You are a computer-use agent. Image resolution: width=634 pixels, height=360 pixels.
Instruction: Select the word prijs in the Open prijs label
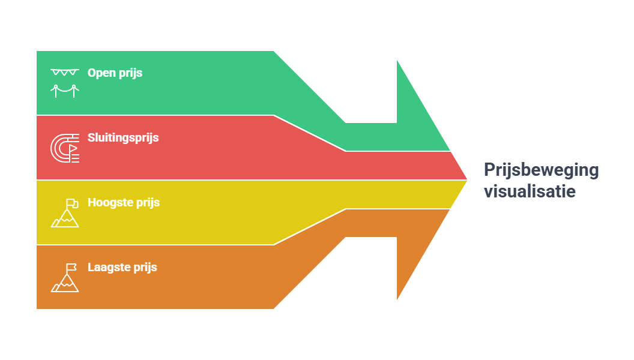click(130, 73)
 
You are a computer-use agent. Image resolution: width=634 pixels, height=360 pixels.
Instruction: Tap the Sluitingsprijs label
click(123, 138)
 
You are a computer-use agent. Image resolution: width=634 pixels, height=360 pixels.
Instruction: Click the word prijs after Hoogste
click(148, 203)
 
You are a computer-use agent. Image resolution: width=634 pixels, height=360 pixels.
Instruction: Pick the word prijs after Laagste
click(145, 268)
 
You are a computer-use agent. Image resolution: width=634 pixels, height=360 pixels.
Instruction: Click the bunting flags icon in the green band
click(65, 73)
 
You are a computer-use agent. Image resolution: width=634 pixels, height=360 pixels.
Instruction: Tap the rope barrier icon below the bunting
click(65, 91)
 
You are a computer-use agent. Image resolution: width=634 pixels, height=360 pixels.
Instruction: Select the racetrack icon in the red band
click(65, 148)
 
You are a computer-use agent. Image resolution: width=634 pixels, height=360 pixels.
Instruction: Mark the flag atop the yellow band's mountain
click(71, 202)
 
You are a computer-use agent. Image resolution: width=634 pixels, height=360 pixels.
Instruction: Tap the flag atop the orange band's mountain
click(71, 267)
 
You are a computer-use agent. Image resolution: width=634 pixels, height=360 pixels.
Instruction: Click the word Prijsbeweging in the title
click(541, 170)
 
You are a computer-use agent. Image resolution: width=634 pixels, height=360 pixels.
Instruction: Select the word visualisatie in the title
click(530, 192)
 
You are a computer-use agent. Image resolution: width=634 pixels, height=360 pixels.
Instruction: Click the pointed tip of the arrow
click(466, 179)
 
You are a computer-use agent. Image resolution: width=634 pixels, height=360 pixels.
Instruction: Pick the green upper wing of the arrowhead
click(414, 120)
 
